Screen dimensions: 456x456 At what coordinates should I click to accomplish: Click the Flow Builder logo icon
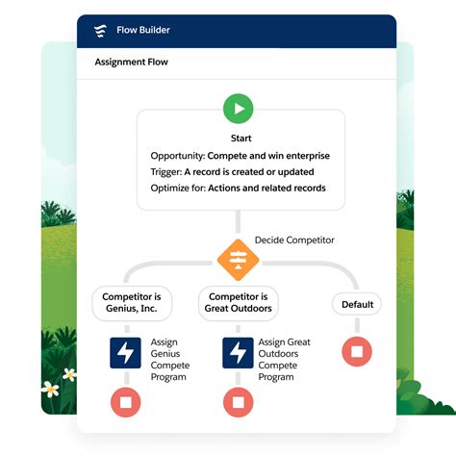click(x=100, y=30)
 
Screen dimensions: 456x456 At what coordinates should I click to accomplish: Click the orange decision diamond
click(x=238, y=258)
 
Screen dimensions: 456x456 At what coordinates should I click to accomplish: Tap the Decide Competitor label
click(x=294, y=239)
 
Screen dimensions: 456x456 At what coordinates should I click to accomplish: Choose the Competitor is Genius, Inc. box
click(x=133, y=304)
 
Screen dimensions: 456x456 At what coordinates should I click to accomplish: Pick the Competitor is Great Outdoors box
click(x=238, y=304)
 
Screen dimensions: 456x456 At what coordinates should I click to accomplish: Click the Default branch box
click(x=356, y=305)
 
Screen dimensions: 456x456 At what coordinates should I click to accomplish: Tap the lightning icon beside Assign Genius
click(x=126, y=353)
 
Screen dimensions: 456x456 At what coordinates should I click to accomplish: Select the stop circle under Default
click(x=356, y=352)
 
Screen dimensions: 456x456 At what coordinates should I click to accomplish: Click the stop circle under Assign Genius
click(x=126, y=401)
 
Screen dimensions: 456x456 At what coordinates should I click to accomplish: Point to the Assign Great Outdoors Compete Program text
click(x=285, y=359)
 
